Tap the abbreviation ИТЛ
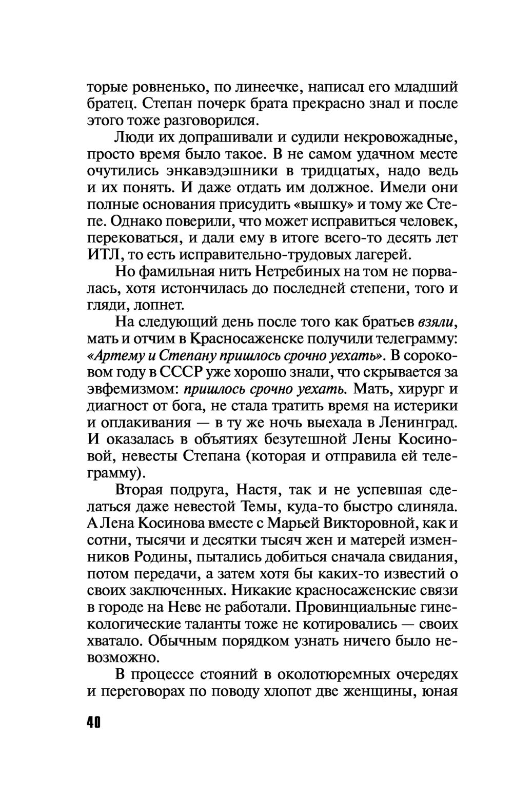(x=102, y=255)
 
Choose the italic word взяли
(x=436, y=323)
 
